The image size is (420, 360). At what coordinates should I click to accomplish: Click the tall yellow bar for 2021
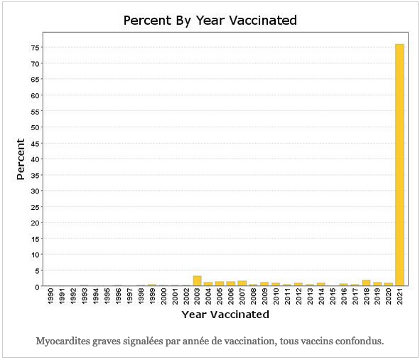tap(399, 165)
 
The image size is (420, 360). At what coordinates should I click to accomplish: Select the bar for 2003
tap(197, 280)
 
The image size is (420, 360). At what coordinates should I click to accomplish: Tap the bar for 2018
tap(366, 283)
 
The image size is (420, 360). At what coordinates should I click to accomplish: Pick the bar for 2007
tap(242, 283)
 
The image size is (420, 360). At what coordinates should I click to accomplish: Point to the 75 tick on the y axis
tap(35, 48)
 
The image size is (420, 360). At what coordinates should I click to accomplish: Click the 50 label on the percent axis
tap(35, 127)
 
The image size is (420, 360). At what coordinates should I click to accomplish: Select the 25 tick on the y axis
tap(35, 207)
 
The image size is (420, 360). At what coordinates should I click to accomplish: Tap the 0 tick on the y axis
tap(37, 287)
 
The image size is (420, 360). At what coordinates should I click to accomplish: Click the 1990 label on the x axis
tap(50, 296)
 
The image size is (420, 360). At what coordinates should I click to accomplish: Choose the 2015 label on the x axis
tap(333, 296)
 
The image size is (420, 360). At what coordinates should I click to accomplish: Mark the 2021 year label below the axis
tap(400, 296)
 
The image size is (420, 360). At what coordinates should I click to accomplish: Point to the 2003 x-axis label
tap(197, 296)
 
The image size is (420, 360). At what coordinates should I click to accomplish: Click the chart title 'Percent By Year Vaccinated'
tap(210, 21)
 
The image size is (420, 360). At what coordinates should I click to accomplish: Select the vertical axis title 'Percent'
tap(21, 159)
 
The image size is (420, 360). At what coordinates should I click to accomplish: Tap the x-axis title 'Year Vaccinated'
tap(225, 314)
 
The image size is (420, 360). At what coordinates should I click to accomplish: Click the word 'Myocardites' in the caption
tap(63, 342)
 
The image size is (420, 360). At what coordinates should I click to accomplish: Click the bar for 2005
tap(220, 284)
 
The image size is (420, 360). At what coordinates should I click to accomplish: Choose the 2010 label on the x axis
tap(276, 296)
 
